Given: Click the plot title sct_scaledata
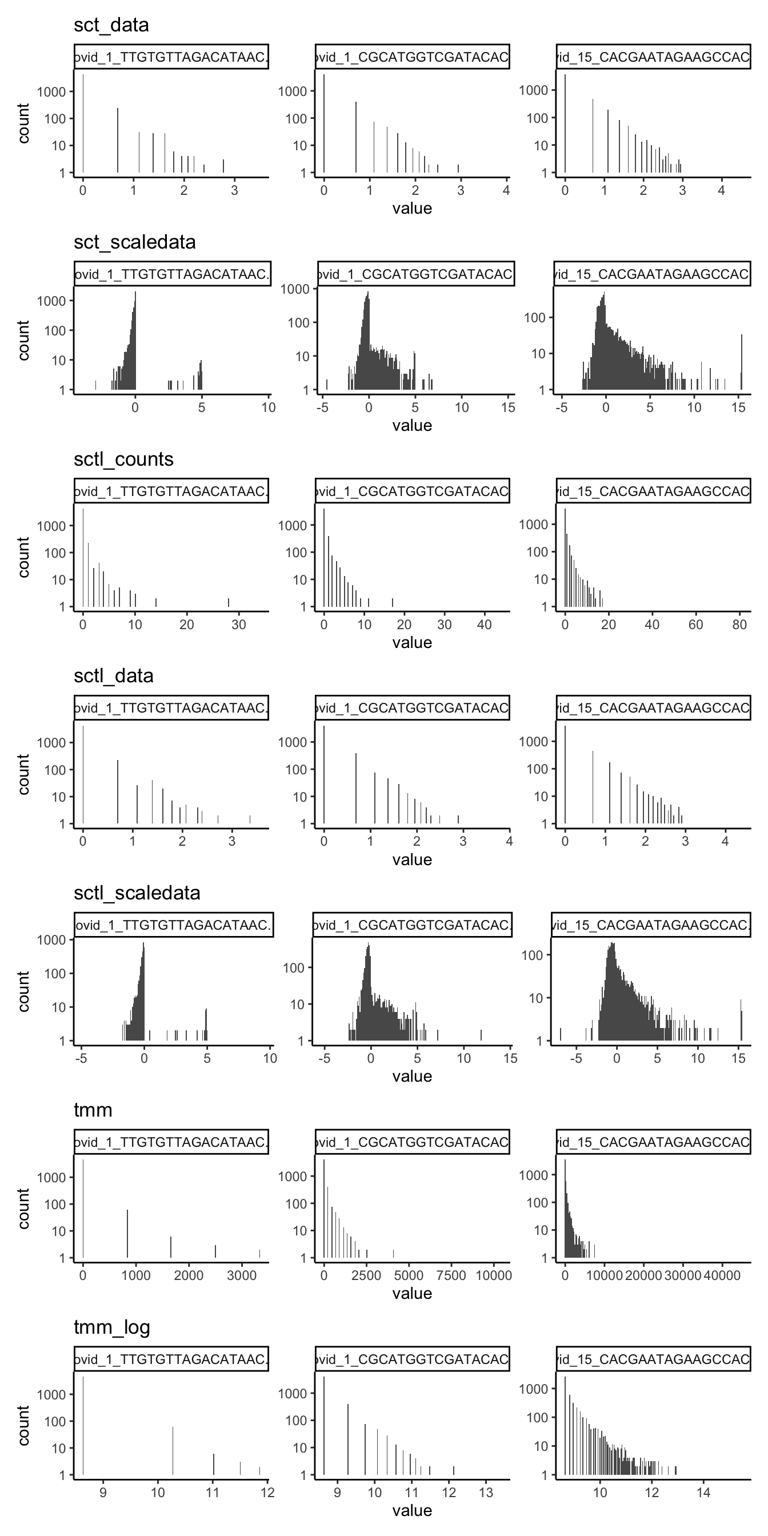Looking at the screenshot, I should (135, 242).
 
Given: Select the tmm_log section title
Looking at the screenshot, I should (111, 1327).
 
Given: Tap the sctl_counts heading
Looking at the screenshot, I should (123, 459).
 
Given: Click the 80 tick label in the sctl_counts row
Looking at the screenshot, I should (739, 625).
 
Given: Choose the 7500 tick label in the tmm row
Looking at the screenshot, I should (451, 1275).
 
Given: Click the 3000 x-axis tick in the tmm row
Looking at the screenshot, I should (242, 1275).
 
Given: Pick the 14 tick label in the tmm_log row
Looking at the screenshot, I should (703, 1493).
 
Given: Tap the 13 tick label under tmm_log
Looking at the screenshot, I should (486, 1493).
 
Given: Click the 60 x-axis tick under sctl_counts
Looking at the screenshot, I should (696, 625).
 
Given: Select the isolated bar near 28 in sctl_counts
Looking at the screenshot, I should (229, 602).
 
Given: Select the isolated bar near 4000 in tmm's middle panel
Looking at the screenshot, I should (393, 1254).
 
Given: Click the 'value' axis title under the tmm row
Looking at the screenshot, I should (412, 1293).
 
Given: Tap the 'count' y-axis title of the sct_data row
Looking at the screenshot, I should (24, 123).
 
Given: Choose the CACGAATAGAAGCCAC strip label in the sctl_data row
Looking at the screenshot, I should (653, 708).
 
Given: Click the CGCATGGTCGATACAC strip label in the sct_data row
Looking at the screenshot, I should (412, 57).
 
